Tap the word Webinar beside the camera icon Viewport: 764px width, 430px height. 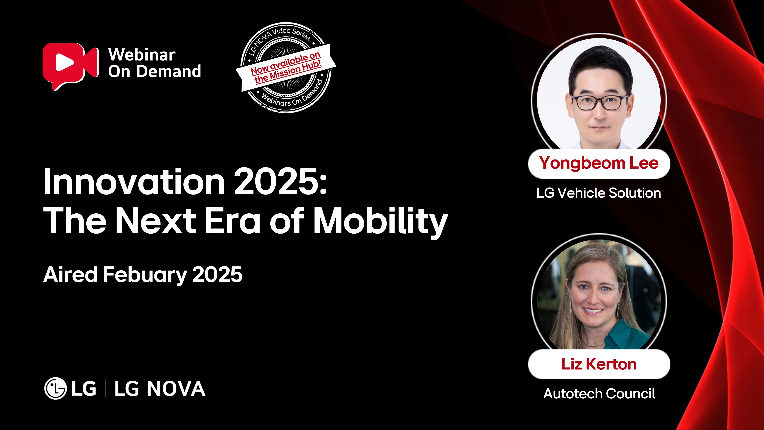click(x=142, y=55)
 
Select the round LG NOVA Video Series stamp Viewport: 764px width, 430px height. click(x=286, y=68)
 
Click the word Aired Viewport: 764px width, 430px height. click(x=70, y=275)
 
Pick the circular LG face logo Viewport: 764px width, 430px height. click(x=55, y=388)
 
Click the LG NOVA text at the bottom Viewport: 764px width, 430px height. click(x=160, y=388)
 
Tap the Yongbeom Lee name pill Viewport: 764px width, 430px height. click(x=599, y=164)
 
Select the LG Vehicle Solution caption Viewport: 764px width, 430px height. click(x=598, y=193)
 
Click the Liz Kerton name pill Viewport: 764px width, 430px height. click(x=599, y=364)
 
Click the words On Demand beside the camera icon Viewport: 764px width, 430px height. click(x=154, y=72)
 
